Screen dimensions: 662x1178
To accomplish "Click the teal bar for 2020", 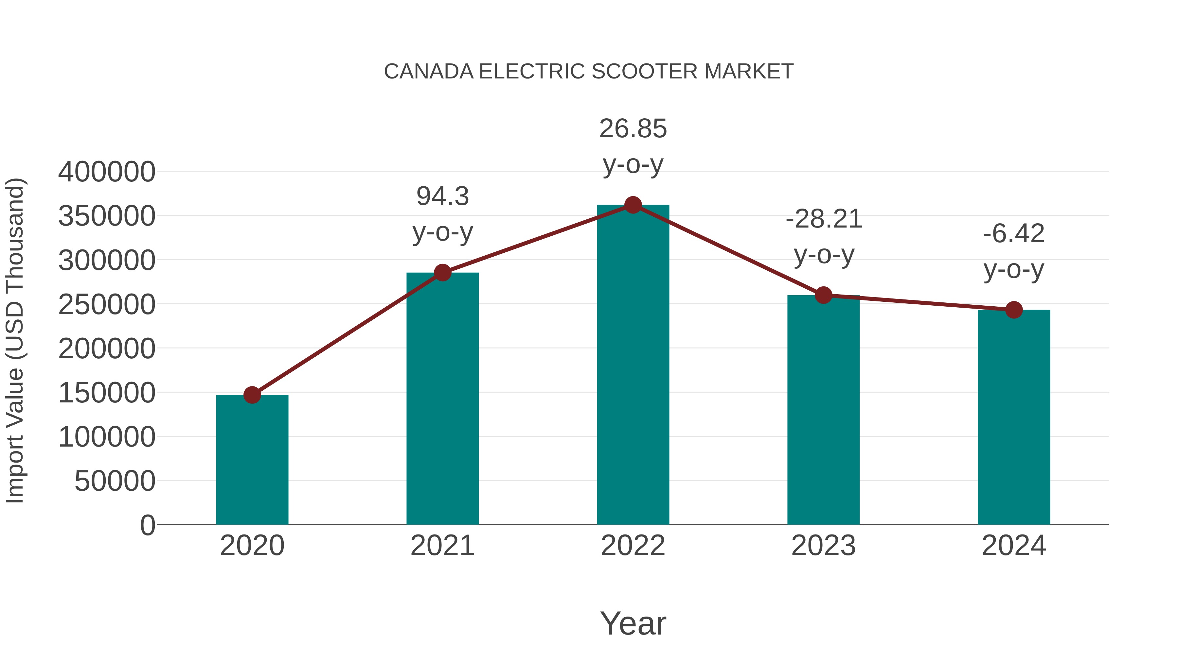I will pyautogui.click(x=252, y=459).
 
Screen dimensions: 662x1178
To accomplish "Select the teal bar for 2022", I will pyautogui.click(x=633, y=365).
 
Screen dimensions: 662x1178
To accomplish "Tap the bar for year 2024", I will pyautogui.click(x=1014, y=417).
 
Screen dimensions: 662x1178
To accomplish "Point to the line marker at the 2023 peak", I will pyautogui.click(x=824, y=295).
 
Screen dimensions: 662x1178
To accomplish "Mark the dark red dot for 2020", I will pyautogui.click(x=252, y=395).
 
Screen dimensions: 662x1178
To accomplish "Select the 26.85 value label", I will pyautogui.click(x=633, y=129).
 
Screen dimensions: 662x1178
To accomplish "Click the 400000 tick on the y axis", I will pyautogui.click(x=107, y=172).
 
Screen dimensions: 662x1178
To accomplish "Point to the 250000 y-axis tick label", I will pyautogui.click(x=107, y=305).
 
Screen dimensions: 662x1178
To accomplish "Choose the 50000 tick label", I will pyautogui.click(x=115, y=481).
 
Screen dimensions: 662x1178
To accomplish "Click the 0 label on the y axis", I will pyautogui.click(x=148, y=525).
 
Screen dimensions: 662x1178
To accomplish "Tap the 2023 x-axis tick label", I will pyautogui.click(x=824, y=546).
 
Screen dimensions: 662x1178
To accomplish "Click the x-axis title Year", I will pyautogui.click(x=633, y=623).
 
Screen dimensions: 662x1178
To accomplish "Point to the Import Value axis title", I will pyautogui.click(x=15, y=340).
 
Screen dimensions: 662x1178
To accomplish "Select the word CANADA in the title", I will pyautogui.click(x=428, y=72).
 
